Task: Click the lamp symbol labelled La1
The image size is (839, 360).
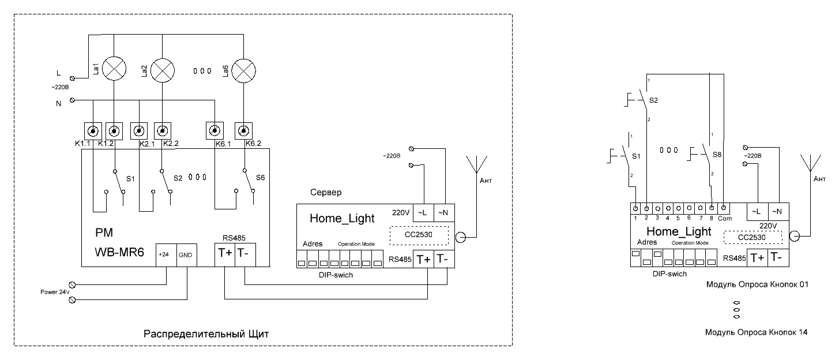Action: pos(114,69)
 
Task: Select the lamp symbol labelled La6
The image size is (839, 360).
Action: pos(243,71)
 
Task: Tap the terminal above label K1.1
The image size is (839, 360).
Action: pos(93,131)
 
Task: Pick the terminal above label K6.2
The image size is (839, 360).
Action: pos(244,131)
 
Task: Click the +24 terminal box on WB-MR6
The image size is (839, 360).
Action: pos(166,255)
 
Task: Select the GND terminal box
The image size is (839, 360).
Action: pos(186,255)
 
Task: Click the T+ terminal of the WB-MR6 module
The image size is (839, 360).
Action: pos(225,254)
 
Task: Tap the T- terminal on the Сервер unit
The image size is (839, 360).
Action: pos(444,259)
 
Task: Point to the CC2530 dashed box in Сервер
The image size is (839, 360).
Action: pos(419,235)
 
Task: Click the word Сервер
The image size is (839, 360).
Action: pos(326,192)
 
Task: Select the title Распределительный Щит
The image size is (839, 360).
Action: pos(206,334)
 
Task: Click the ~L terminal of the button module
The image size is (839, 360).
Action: pos(758,212)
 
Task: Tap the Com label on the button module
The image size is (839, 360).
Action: pos(725,219)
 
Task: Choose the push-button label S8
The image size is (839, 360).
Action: pos(717,155)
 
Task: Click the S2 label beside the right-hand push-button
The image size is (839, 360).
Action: pos(653,100)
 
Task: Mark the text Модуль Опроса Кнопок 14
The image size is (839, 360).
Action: pos(756,332)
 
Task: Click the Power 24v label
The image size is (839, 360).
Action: pos(55,292)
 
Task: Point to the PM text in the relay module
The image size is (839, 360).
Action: pos(104,232)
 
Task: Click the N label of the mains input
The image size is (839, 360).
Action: pos(58,104)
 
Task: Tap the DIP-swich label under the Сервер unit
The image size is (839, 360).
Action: pos(336,275)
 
